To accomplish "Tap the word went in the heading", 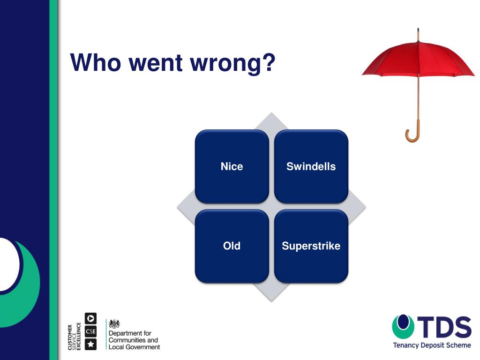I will tap(155, 63).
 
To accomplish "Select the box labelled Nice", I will tap(232, 166).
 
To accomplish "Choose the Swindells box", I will tap(311, 166).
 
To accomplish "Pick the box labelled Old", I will tap(232, 246).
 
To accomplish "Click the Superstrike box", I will tap(311, 246).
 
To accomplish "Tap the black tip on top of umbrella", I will tap(418, 34).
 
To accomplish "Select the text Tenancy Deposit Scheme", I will tap(432, 345).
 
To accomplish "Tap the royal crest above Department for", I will tap(114, 324).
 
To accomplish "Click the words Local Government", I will tap(134, 347).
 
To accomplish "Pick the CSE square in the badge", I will tap(90, 331).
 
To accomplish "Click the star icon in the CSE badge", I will tap(90, 345).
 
